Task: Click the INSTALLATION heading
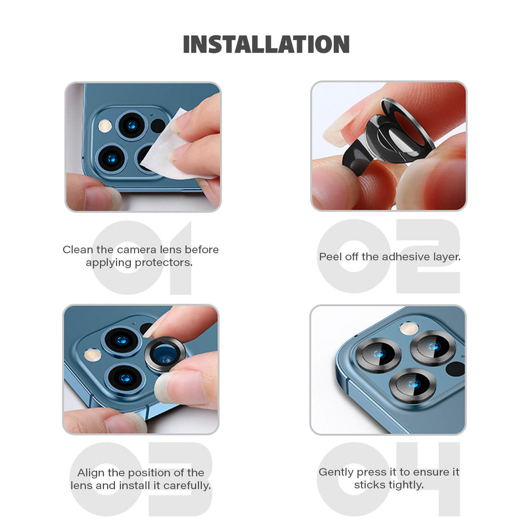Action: point(267,45)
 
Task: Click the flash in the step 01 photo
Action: point(105,126)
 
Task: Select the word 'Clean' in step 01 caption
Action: point(78,249)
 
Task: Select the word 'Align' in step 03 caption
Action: point(91,472)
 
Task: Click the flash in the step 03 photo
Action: point(92,355)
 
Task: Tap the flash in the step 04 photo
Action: point(409,328)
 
